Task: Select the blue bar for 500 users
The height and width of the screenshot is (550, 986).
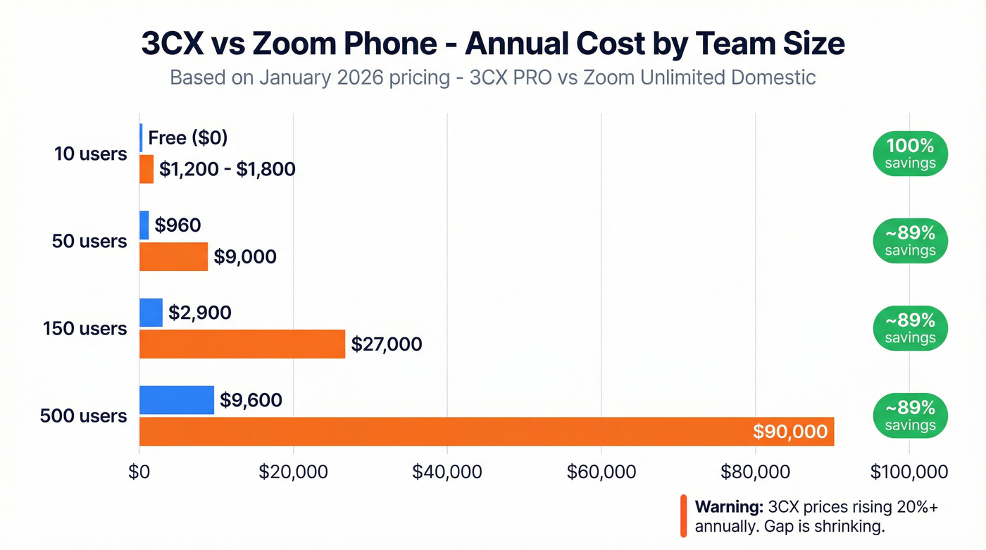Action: (x=177, y=400)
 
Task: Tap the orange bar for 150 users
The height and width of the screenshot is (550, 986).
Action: (x=242, y=344)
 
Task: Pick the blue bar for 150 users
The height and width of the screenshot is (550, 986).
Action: (x=151, y=313)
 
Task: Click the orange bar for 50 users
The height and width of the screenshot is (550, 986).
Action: (x=174, y=256)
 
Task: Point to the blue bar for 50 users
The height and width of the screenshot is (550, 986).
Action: (x=144, y=225)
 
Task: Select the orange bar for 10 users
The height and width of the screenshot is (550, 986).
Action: (x=146, y=169)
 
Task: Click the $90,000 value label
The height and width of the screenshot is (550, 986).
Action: (x=790, y=431)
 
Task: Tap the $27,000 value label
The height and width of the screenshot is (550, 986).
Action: (x=387, y=344)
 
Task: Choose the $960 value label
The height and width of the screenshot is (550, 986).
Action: (x=177, y=225)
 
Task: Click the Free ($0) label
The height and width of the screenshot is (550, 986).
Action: (x=187, y=137)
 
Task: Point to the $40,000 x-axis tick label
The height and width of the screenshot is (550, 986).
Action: (x=447, y=472)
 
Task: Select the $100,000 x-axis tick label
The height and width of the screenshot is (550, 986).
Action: (x=909, y=472)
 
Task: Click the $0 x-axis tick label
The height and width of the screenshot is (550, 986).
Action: (x=139, y=472)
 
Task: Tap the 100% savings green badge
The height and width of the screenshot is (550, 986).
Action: (x=910, y=154)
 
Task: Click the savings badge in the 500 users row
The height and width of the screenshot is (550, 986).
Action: (x=910, y=416)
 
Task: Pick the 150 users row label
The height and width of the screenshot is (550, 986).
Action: (x=85, y=329)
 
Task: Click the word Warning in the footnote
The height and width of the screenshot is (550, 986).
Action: (x=729, y=507)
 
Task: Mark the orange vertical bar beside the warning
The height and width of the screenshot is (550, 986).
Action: (x=683, y=516)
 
